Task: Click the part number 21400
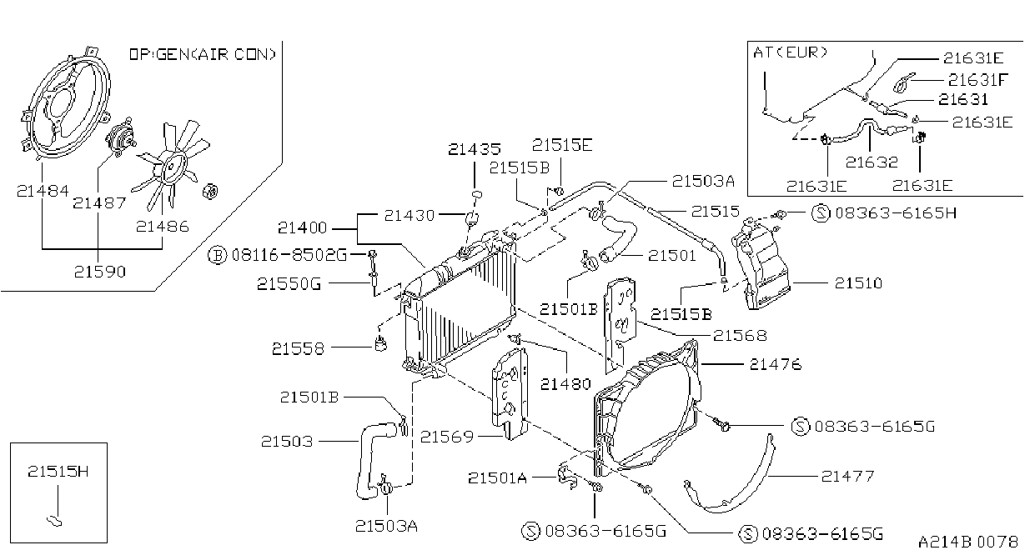(x=302, y=227)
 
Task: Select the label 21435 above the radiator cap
(x=474, y=149)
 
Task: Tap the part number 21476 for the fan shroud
(x=776, y=364)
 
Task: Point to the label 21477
(x=847, y=477)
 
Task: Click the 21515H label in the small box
(x=58, y=471)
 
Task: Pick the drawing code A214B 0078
(x=967, y=542)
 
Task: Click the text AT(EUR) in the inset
(x=791, y=52)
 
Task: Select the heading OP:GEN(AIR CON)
(x=203, y=54)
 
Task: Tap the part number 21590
(x=100, y=272)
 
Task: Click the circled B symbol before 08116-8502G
(x=218, y=255)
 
